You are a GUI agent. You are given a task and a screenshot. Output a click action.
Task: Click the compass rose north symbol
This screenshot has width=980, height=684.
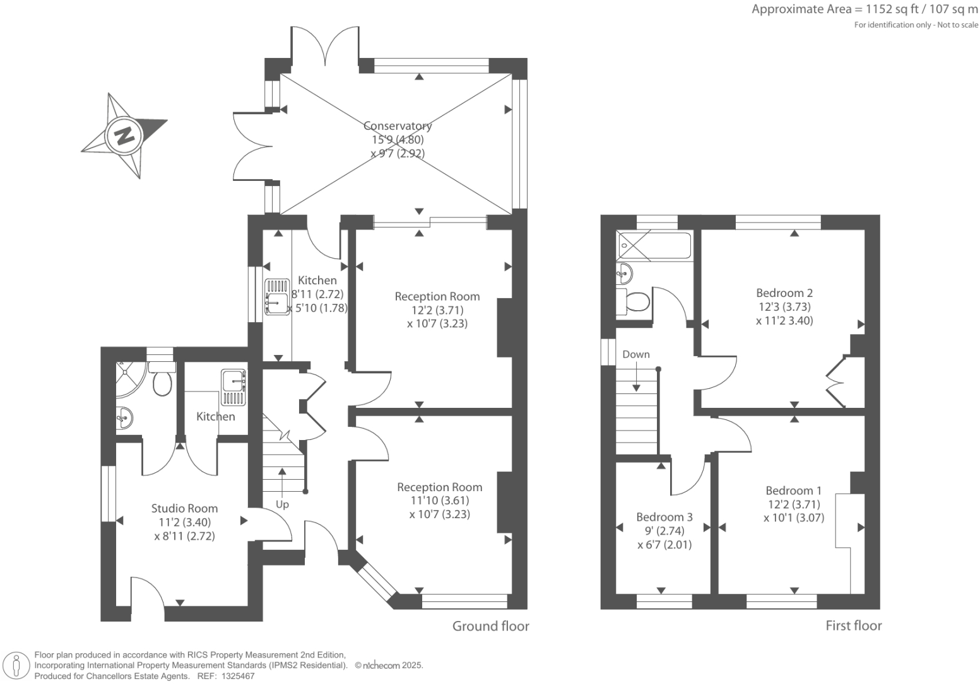pos(124,136)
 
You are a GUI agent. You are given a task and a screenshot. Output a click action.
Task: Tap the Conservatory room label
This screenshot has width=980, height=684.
pos(398,126)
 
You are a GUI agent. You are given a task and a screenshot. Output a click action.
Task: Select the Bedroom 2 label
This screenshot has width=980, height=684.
pos(784,293)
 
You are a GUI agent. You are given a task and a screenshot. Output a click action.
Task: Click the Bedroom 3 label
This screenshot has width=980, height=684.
pos(664,517)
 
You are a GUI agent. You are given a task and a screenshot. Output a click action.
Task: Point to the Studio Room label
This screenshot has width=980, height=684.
pos(184,508)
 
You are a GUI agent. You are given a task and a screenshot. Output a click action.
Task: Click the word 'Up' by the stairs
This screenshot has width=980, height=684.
pos(282,504)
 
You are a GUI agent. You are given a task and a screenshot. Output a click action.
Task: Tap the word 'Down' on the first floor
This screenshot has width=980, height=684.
pos(635,354)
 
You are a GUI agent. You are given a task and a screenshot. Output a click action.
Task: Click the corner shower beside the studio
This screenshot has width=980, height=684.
pos(129,378)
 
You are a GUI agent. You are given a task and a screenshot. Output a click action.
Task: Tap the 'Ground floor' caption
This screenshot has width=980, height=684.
pos(490,626)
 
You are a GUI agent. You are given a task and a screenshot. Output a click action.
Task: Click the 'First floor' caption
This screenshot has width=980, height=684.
pos(853,625)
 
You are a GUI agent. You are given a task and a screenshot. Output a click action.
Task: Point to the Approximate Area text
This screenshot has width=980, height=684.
pos(865,9)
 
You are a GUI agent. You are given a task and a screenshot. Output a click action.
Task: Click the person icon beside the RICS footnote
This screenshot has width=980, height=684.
pos(17,665)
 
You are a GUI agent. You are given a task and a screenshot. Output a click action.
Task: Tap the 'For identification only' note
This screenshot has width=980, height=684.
pos(916,25)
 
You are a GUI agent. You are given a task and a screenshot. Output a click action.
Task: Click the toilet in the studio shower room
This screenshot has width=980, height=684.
pos(162,383)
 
